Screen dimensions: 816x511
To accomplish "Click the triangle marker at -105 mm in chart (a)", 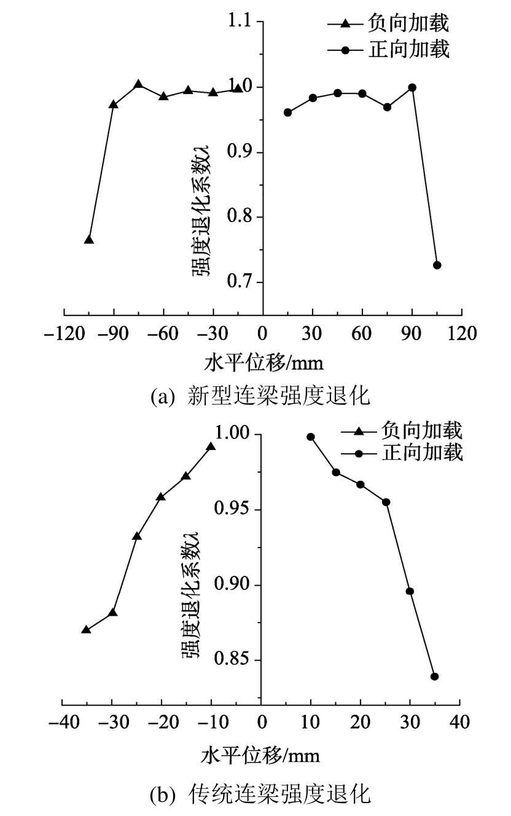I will pos(89,239).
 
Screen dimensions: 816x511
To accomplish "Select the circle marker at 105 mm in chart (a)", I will pos(437,265).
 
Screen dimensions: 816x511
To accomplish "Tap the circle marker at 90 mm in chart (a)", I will pos(412,87).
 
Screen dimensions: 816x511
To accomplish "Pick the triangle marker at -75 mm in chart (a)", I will pos(138,84).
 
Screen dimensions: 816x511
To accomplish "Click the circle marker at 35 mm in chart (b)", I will pos(435,677).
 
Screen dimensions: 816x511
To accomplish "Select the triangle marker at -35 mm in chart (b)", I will pos(86,630).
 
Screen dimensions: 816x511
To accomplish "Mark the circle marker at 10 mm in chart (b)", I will pos(311,437).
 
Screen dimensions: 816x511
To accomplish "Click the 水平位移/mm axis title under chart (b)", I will pos(260,755).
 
